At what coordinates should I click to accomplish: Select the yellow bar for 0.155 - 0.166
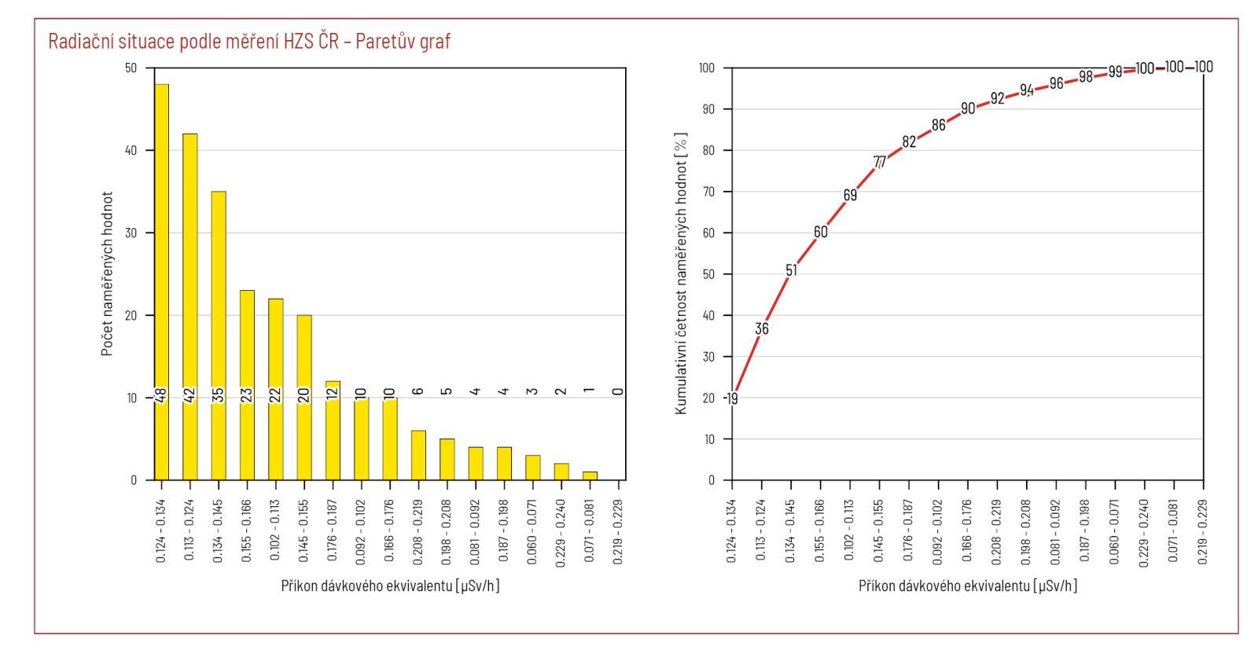247,385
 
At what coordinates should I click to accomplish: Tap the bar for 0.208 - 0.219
418,455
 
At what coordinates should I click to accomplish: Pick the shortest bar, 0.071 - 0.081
590,475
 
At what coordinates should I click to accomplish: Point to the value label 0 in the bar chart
619,391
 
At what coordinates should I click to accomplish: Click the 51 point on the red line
791,270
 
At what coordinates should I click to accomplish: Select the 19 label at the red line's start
732,398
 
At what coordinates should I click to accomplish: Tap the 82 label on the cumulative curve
909,142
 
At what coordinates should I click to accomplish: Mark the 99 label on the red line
1115,72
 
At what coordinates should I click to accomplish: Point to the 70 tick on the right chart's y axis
708,192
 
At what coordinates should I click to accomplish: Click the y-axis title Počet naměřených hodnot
107,273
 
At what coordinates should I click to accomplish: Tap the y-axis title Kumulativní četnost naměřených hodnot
682,273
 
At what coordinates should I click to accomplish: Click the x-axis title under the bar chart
390,587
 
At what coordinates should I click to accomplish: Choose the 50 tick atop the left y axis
130,68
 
